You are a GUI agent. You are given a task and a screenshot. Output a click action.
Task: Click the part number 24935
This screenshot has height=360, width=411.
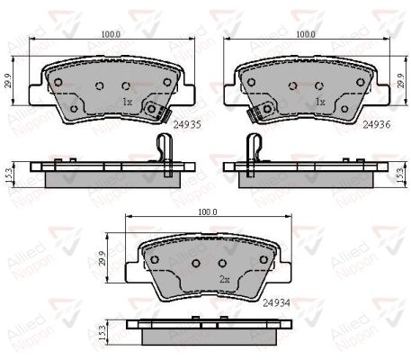click(x=187, y=124)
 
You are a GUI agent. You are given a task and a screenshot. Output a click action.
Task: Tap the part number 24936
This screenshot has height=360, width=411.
click(x=377, y=124)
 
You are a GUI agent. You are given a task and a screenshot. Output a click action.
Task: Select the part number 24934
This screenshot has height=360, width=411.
click(x=276, y=303)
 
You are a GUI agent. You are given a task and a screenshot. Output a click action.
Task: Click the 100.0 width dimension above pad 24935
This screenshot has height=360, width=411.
click(x=111, y=34)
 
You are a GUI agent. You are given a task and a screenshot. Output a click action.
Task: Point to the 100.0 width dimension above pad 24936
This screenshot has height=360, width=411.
click(x=306, y=34)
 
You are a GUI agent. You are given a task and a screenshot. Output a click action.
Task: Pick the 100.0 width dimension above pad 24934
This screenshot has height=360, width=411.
click(x=208, y=212)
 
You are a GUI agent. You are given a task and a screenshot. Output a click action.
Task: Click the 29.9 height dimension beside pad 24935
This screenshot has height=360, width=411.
click(x=8, y=81)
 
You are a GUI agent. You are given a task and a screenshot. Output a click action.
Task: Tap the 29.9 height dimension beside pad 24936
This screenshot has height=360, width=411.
click(x=401, y=81)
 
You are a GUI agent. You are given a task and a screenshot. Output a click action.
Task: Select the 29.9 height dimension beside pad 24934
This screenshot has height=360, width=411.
click(x=103, y=258)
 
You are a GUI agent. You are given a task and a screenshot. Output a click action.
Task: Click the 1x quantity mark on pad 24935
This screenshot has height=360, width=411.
click(x=127, y=102)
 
